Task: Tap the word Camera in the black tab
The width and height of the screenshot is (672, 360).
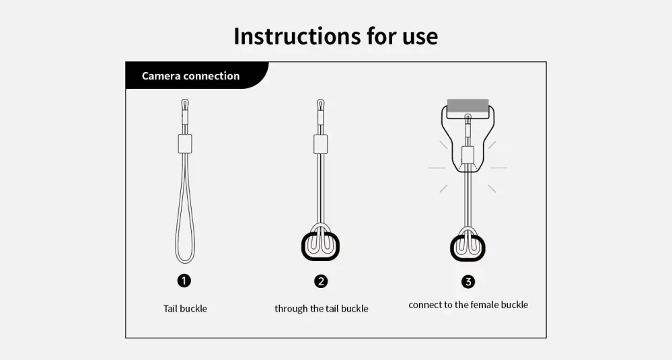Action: coord(161,76)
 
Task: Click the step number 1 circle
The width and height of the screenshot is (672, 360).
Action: coord(184,281)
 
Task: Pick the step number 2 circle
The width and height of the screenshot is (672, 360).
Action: coord(321,281)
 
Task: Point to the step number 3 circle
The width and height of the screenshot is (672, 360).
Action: coord(468,281)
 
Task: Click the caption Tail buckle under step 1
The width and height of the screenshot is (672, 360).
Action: coord(185,309)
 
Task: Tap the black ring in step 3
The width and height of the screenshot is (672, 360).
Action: coord(453,248)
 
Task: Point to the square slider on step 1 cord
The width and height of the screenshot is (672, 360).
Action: coord(185,143)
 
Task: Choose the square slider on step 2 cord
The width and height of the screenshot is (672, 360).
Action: coord(320,144)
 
